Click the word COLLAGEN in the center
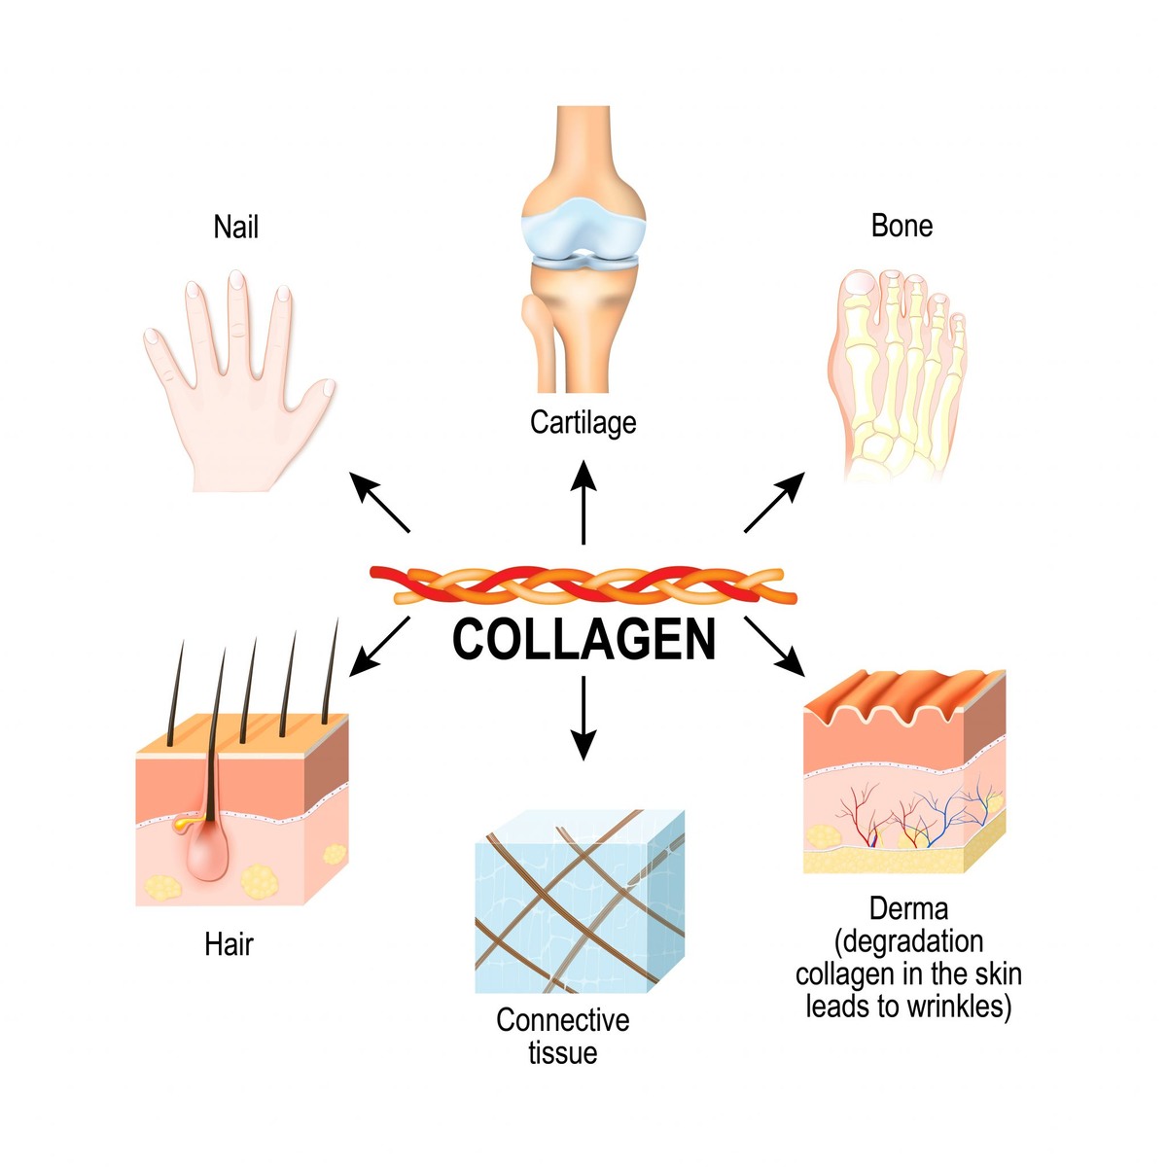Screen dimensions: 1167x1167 pyautogui.click(x=583, y=640)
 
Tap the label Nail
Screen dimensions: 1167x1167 pyautogui.click(x=236, y=228)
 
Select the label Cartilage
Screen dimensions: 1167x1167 pyautogui.click(x=583, y=423)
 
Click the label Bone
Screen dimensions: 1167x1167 pyautogui.click(x=902, y=226)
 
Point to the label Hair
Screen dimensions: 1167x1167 pyautogui.click(x=229, y=944)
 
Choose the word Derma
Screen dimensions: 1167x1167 pyautogui.click(x=908, y=909)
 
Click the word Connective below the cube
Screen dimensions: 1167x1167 pyautogui.click(x=562, y=1020)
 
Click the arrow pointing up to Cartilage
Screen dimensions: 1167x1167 pyautogui.click(x=583, y=502)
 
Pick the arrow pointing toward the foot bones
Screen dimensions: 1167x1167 pyautogui.click(x=775, y=502)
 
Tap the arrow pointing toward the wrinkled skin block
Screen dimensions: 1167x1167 pyautogui.click(x=775, y=646)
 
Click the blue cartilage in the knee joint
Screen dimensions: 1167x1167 pyautogui.click(x=583, y=233)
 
